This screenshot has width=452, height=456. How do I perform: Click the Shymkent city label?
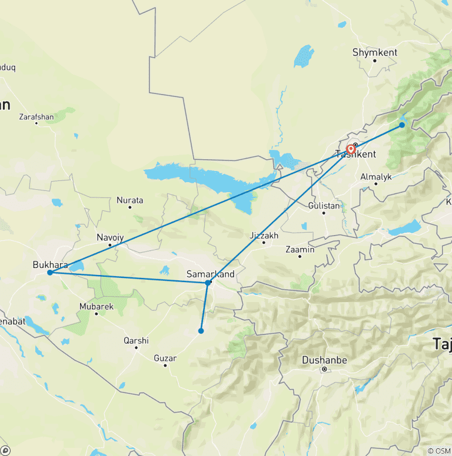[x=375, y=52]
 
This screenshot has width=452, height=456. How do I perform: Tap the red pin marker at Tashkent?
[x=351, y=149]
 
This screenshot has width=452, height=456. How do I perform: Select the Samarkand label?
[x=210, y=274]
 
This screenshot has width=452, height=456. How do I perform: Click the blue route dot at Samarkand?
[x=208, y=283]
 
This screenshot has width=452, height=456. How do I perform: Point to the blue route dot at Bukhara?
[x=50, y=273]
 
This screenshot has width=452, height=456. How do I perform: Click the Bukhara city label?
[x=51, y=264]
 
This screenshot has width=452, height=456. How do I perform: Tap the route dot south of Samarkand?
[x=201, y=331]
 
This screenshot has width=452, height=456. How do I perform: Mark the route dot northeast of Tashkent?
[x=402, y=125]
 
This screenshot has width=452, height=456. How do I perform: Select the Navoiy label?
[x=111, y=237]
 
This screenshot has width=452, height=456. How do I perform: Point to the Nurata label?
[x=129, y=200]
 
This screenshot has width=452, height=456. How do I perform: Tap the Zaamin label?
[x=300, y=250]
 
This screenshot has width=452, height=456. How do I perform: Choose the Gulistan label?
[x=324, y=206]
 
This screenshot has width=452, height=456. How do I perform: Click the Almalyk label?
[x=376, y=176]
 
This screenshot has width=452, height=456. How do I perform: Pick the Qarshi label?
[x=136, y=340]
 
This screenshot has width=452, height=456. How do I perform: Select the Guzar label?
[x=165, y=357]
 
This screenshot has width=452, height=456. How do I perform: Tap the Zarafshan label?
[x=36, y=117]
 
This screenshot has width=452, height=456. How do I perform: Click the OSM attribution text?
[x=438, y=450]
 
